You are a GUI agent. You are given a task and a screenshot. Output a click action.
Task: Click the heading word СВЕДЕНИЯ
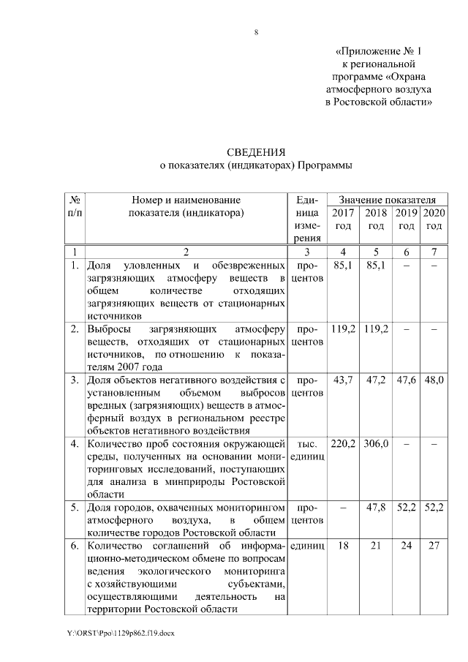[x=255, y=152]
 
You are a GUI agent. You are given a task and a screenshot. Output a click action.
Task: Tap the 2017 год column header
[x=343, y=219]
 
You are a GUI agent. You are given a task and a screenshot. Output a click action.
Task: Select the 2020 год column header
[x=434, y=219]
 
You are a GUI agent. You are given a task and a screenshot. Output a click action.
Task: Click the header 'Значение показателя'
[x=383, y=199]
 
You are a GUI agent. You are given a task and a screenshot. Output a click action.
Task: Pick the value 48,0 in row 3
[x=434, y=380]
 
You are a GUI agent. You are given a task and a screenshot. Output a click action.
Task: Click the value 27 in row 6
[x=434, y=546]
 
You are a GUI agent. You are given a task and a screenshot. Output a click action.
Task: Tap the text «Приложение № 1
[x=379, y=52]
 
